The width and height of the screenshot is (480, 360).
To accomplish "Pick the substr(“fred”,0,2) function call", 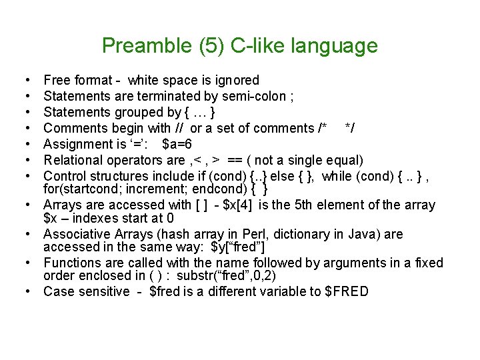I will (227, 275).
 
